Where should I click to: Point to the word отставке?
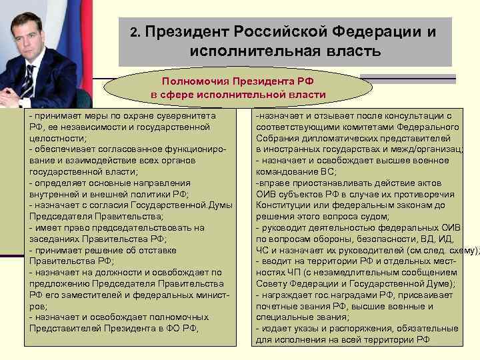point(155,250)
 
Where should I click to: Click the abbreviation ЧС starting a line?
point(262,250)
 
